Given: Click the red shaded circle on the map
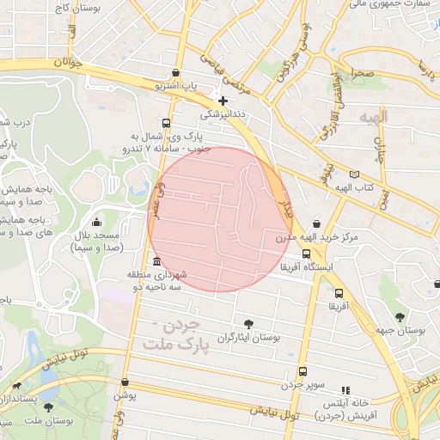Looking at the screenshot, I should pyautogui.click(x=219, y=219).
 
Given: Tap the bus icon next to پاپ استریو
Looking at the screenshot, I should pyautogui.click(x=176, y=73).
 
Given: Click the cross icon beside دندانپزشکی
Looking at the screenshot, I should pyautogui.click(x=223, y=101).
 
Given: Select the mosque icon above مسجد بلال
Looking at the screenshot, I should pyautogui.click(x=96, y=222).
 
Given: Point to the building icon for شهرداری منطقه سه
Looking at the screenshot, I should pyautogui.click(x=156, y=261).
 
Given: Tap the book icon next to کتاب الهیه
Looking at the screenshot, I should pyautogui.click(x=357, y=173).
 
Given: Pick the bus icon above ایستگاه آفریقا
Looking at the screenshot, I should pyautogui.click(x=307, y=254).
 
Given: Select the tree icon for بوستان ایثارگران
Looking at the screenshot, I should pyautogui.click(x=249, y=324).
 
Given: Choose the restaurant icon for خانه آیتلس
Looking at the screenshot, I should pyautogui.click(x=346, y=389).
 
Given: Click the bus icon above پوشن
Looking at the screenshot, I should pyautogui.click(x=125, y=382).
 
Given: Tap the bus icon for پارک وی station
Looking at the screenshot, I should pyautogui.click(x=166, y=122).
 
